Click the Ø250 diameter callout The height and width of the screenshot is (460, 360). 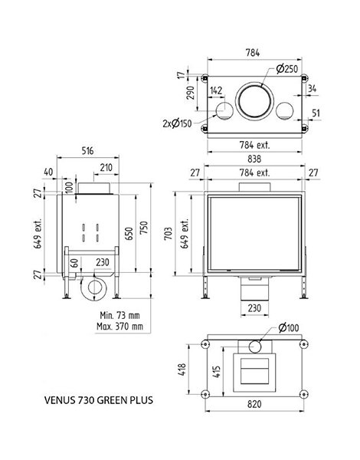click(x=286, y=69)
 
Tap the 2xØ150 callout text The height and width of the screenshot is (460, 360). click(x=177, y=123)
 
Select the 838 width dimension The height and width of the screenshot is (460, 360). click(x=254, y=159)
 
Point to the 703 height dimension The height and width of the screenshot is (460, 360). click(x=169, y=234)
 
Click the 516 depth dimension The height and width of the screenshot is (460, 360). click(x=87, y=151)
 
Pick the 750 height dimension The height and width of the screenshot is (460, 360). click(x=144, y=228)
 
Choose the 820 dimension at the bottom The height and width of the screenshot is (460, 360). click(x=254, y=404)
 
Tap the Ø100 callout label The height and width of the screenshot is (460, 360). click(x=289, y=328)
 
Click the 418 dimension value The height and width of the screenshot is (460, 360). click(x=182, y=370)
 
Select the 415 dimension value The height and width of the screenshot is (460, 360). click(x=217, y=371)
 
